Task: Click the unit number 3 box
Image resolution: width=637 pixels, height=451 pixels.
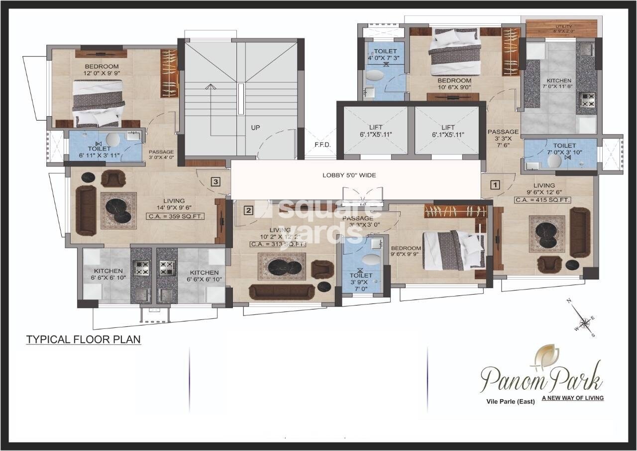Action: pyautogui.click(x=215, y=182)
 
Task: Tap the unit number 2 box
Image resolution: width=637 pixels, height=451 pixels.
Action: pyautogui.click(x=248, y=210)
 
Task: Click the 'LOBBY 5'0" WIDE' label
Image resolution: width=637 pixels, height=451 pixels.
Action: pyautogui.click(x=349, y=175)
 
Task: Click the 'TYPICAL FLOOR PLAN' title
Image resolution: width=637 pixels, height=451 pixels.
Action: pyautogui.click(x=84, y=340)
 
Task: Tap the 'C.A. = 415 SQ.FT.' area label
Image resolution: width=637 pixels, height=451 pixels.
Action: pyautogui.click(x=542, y=200)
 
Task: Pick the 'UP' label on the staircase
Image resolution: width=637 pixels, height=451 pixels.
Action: pyautogui.click(x=255, y=128)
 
